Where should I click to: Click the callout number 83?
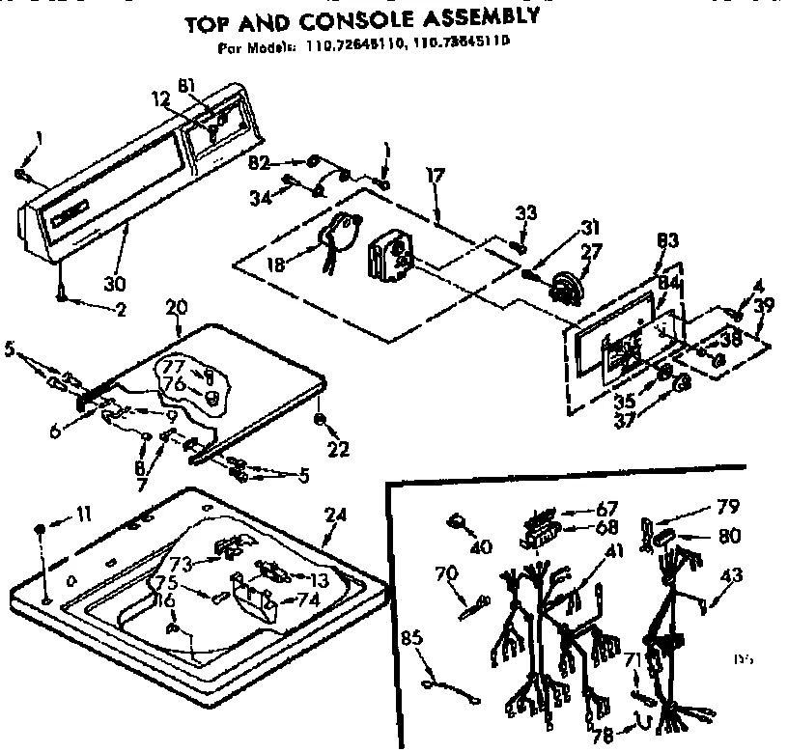click(x=665, y=241)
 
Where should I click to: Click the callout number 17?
click(x=436, y=177)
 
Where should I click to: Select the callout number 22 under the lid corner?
click(x=337, y=448)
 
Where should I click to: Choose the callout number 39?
click(x=764, y=305)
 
